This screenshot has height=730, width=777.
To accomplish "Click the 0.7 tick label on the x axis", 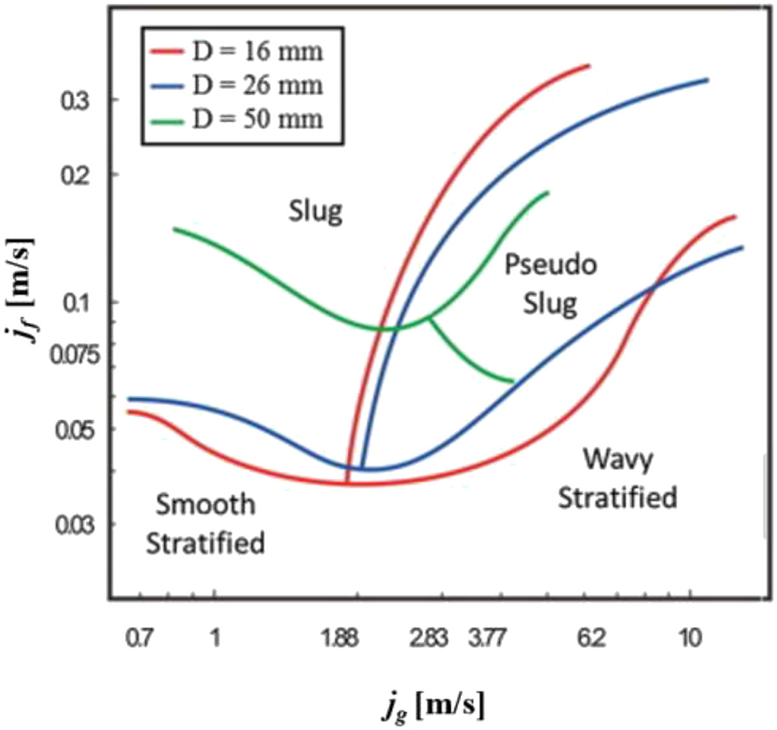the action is point(138,639).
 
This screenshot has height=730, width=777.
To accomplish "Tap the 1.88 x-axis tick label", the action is point(339,639).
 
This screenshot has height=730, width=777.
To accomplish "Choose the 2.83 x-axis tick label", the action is point(429,639).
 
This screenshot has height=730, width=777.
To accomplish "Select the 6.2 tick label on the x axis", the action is point(592,639).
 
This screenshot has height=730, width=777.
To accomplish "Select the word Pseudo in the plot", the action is point(551,265).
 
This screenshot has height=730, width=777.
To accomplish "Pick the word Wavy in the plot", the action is point(618,460).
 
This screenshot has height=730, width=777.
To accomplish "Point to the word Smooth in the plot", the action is point(206,505).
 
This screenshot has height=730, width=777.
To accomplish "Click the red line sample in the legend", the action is point(166,52).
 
